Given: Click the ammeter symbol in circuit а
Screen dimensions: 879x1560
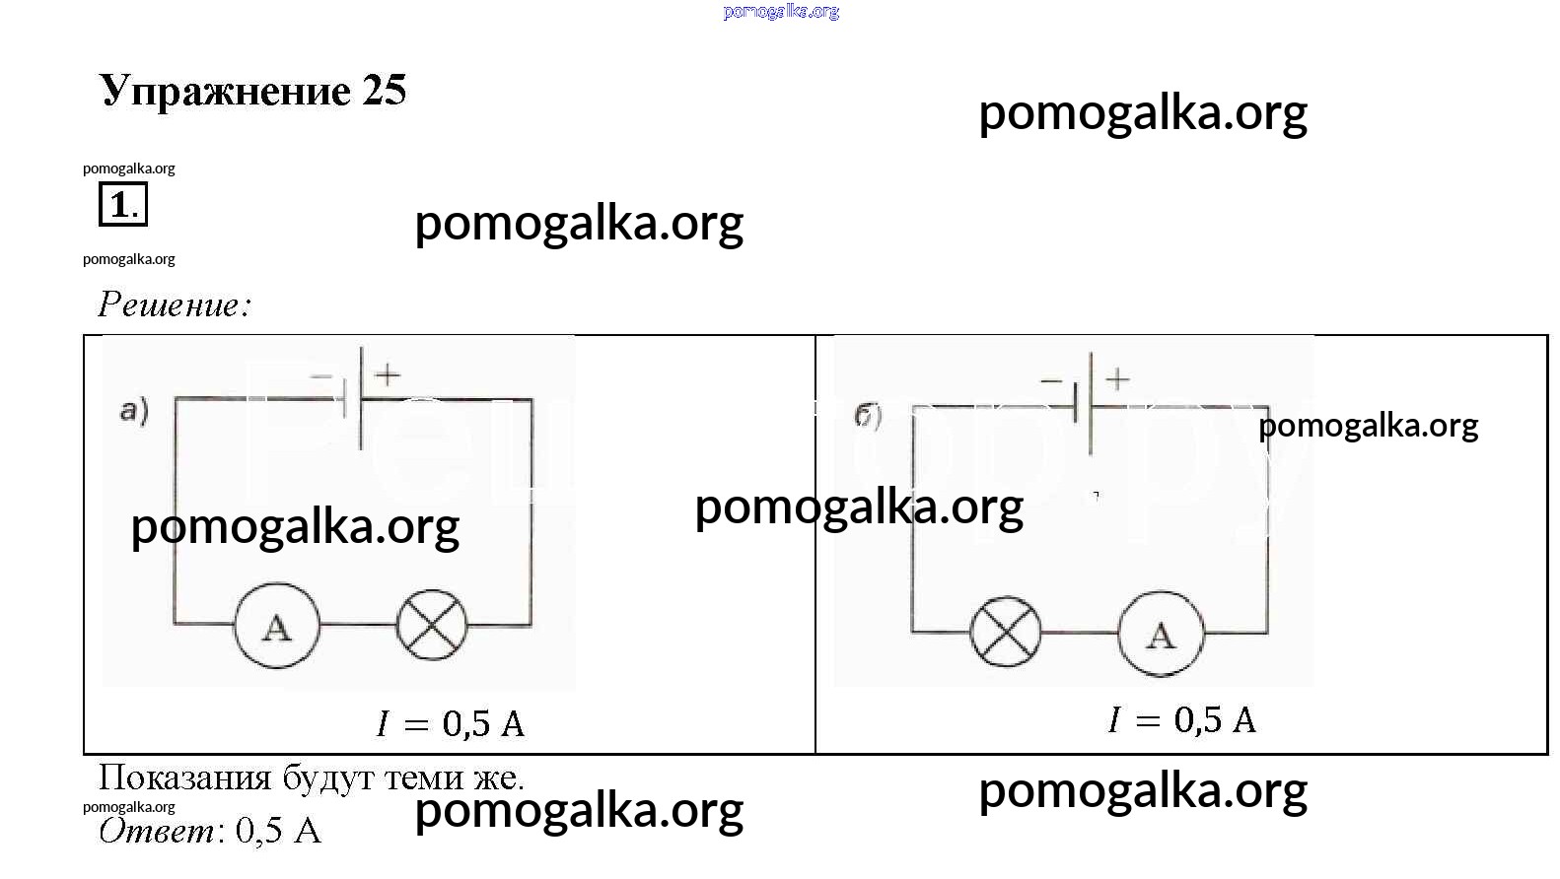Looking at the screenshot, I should [x=277, y=626].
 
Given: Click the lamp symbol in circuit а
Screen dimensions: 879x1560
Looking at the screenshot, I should [x=432, y=626].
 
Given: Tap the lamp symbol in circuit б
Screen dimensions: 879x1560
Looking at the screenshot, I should [x=1006, y=632].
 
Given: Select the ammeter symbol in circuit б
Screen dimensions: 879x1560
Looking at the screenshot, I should [x=1161, y=634].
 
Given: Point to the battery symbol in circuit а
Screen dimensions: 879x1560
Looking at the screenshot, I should [x=353, y=398].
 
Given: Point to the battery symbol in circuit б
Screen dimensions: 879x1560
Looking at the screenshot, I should [x=1083, y=404].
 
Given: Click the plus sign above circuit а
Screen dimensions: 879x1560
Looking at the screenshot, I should [x=388, y=374].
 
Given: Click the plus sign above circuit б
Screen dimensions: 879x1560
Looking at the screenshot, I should [x=1117, y=379].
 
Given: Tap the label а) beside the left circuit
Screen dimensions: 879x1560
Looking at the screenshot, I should [x=134, y=410].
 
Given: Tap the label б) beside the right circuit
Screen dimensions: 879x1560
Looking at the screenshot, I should [x=868, y=416].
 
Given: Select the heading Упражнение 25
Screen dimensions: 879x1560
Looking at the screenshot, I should [x=252, y=91].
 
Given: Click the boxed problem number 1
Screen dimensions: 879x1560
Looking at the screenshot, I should [x=122, y=205].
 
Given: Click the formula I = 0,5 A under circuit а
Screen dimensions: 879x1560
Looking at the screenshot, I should [x=451, y=724].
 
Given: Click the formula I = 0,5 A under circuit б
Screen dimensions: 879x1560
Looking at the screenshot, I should [x=1181, y=720].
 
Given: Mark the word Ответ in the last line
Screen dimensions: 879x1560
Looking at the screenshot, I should [x=157, y=831].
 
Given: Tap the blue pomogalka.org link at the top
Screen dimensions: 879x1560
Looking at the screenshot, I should [x=781, y=12].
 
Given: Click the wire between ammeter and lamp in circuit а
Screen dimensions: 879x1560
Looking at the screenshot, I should [x=359, y=625].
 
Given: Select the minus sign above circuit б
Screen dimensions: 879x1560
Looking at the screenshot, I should [x=1051, y=380].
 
